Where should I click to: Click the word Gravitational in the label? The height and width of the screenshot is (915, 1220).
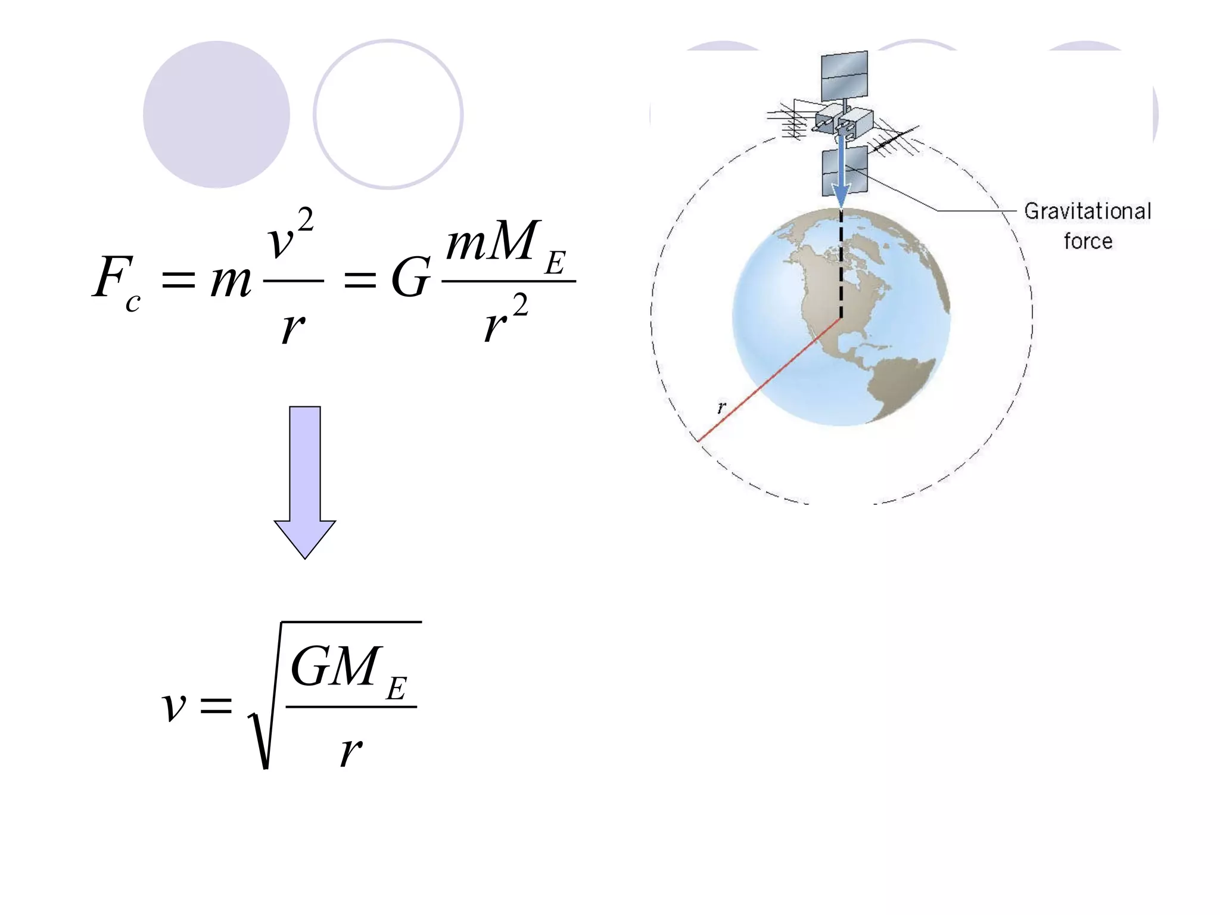pyautogui.click(x=1087, y=211)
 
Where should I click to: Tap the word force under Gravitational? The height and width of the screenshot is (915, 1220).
pyautogui.click(x=1088, y=241)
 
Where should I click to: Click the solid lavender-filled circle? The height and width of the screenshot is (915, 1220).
pyautogui.click(x=216, y=114)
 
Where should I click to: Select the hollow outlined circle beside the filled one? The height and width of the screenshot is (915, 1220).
pyautogui.click(x=388, y=114)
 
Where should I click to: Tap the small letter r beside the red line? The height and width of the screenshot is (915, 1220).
pyautogui.click(x=721, y=408)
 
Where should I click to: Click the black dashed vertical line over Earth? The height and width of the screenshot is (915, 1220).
pyautogui.click(x=841, y=262)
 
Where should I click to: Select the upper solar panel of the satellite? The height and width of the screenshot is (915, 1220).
pyautogui.click(x=844, y=76)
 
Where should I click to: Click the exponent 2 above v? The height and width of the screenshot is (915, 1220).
pyautogui.click(x=305, y=222)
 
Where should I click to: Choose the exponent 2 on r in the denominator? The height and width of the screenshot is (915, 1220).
pyautogui.click(x=520, y=306)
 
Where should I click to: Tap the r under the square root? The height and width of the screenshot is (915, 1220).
pyautogui.click(x=351, y=752)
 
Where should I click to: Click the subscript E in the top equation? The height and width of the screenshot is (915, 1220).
pyautogui.click(x=555, y=263)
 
